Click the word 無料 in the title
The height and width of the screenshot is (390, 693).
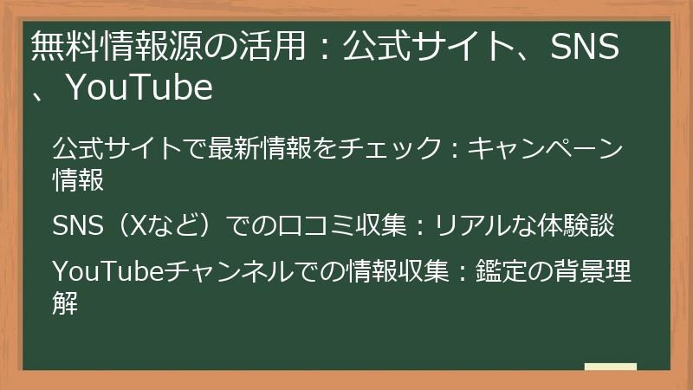point(62,49)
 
